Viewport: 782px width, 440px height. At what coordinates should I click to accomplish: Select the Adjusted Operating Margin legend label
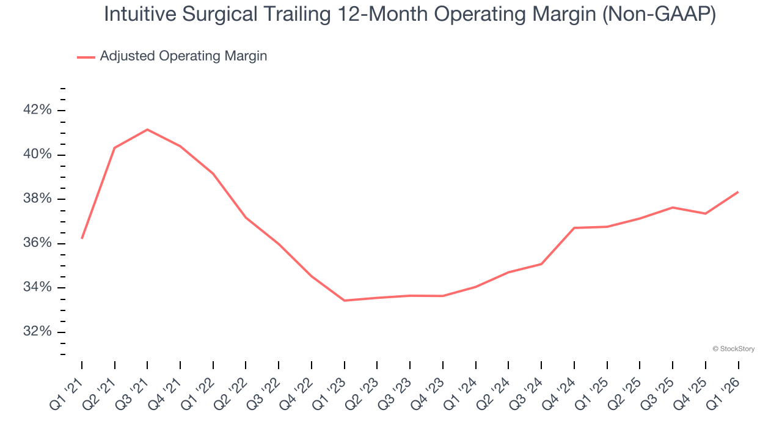(183, 56)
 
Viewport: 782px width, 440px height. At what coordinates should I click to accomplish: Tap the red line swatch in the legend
(86, 57)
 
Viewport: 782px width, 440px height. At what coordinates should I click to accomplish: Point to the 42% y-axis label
(37, 110)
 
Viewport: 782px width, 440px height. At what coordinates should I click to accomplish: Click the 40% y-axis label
(37, 155)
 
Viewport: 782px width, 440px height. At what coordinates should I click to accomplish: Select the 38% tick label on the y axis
(37, 199)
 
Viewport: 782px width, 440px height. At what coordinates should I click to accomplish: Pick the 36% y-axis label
(37, 243)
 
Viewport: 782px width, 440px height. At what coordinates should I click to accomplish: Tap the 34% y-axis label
(37, 288)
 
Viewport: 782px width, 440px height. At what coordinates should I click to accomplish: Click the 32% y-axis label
(37, 332)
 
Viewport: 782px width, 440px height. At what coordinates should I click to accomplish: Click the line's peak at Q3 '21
(147, 130)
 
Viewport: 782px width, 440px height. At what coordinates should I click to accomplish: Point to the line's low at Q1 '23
(345, 301)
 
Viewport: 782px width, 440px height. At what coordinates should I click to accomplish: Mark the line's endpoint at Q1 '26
(738, 192)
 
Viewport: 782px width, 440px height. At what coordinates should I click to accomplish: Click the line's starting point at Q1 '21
(82, 238)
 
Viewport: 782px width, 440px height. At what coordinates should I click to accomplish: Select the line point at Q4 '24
(574, 228)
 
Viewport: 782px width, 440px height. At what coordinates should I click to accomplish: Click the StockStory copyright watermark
(733, 349)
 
